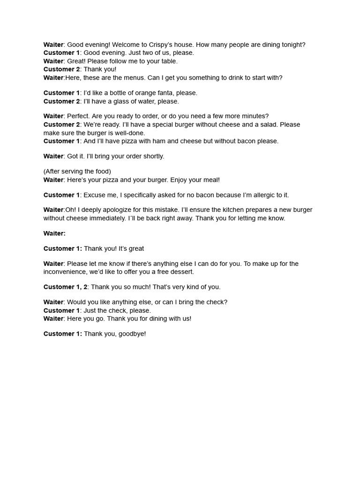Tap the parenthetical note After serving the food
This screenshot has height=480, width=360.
tap(77, 172)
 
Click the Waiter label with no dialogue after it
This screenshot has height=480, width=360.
tap(54, 233)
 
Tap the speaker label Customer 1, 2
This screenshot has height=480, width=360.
tap(65, 287)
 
